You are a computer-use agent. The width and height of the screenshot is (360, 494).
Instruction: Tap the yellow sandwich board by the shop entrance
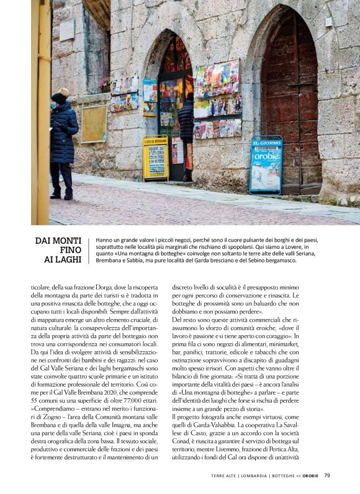tap(155, 158)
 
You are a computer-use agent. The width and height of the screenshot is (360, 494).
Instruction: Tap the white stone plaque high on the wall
tap(67, 30)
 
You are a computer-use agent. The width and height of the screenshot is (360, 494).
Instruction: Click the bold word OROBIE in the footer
tap(312, 476)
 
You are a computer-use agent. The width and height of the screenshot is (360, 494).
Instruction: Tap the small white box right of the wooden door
tap(328, 21)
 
